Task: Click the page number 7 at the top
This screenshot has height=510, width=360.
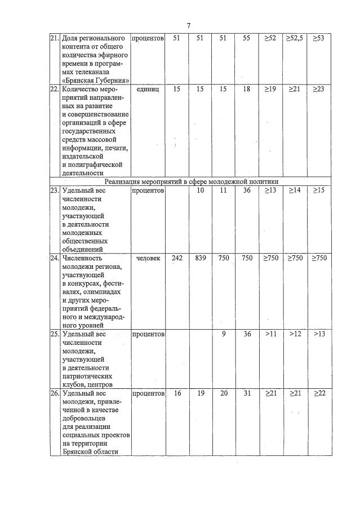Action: point(189,25)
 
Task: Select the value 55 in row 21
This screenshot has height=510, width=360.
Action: point(246,38)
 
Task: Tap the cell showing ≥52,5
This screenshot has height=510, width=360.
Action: point(294,38)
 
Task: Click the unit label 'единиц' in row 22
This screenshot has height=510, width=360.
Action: point(148,89)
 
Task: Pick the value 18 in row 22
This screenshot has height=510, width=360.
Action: point(246,89)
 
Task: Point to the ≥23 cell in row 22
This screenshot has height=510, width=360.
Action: point(319,89)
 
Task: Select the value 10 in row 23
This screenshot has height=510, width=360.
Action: point(200,190)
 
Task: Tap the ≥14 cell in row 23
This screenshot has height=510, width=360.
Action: point(294,190)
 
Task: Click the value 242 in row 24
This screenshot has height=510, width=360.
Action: point(177,258)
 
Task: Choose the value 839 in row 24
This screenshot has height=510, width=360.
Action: point(200,258)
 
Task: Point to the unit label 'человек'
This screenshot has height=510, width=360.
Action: point(148,258)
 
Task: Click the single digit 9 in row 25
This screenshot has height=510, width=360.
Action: point(224,334)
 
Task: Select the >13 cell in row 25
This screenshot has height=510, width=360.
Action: point(319,334)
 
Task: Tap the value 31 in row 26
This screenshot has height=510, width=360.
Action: point(246,393)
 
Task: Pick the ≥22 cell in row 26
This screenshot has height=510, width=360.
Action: point(319,393)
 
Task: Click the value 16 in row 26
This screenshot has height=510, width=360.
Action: point(177,393)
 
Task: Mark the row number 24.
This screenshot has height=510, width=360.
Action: point(55,258)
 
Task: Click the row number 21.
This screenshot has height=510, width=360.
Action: point(55,38)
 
